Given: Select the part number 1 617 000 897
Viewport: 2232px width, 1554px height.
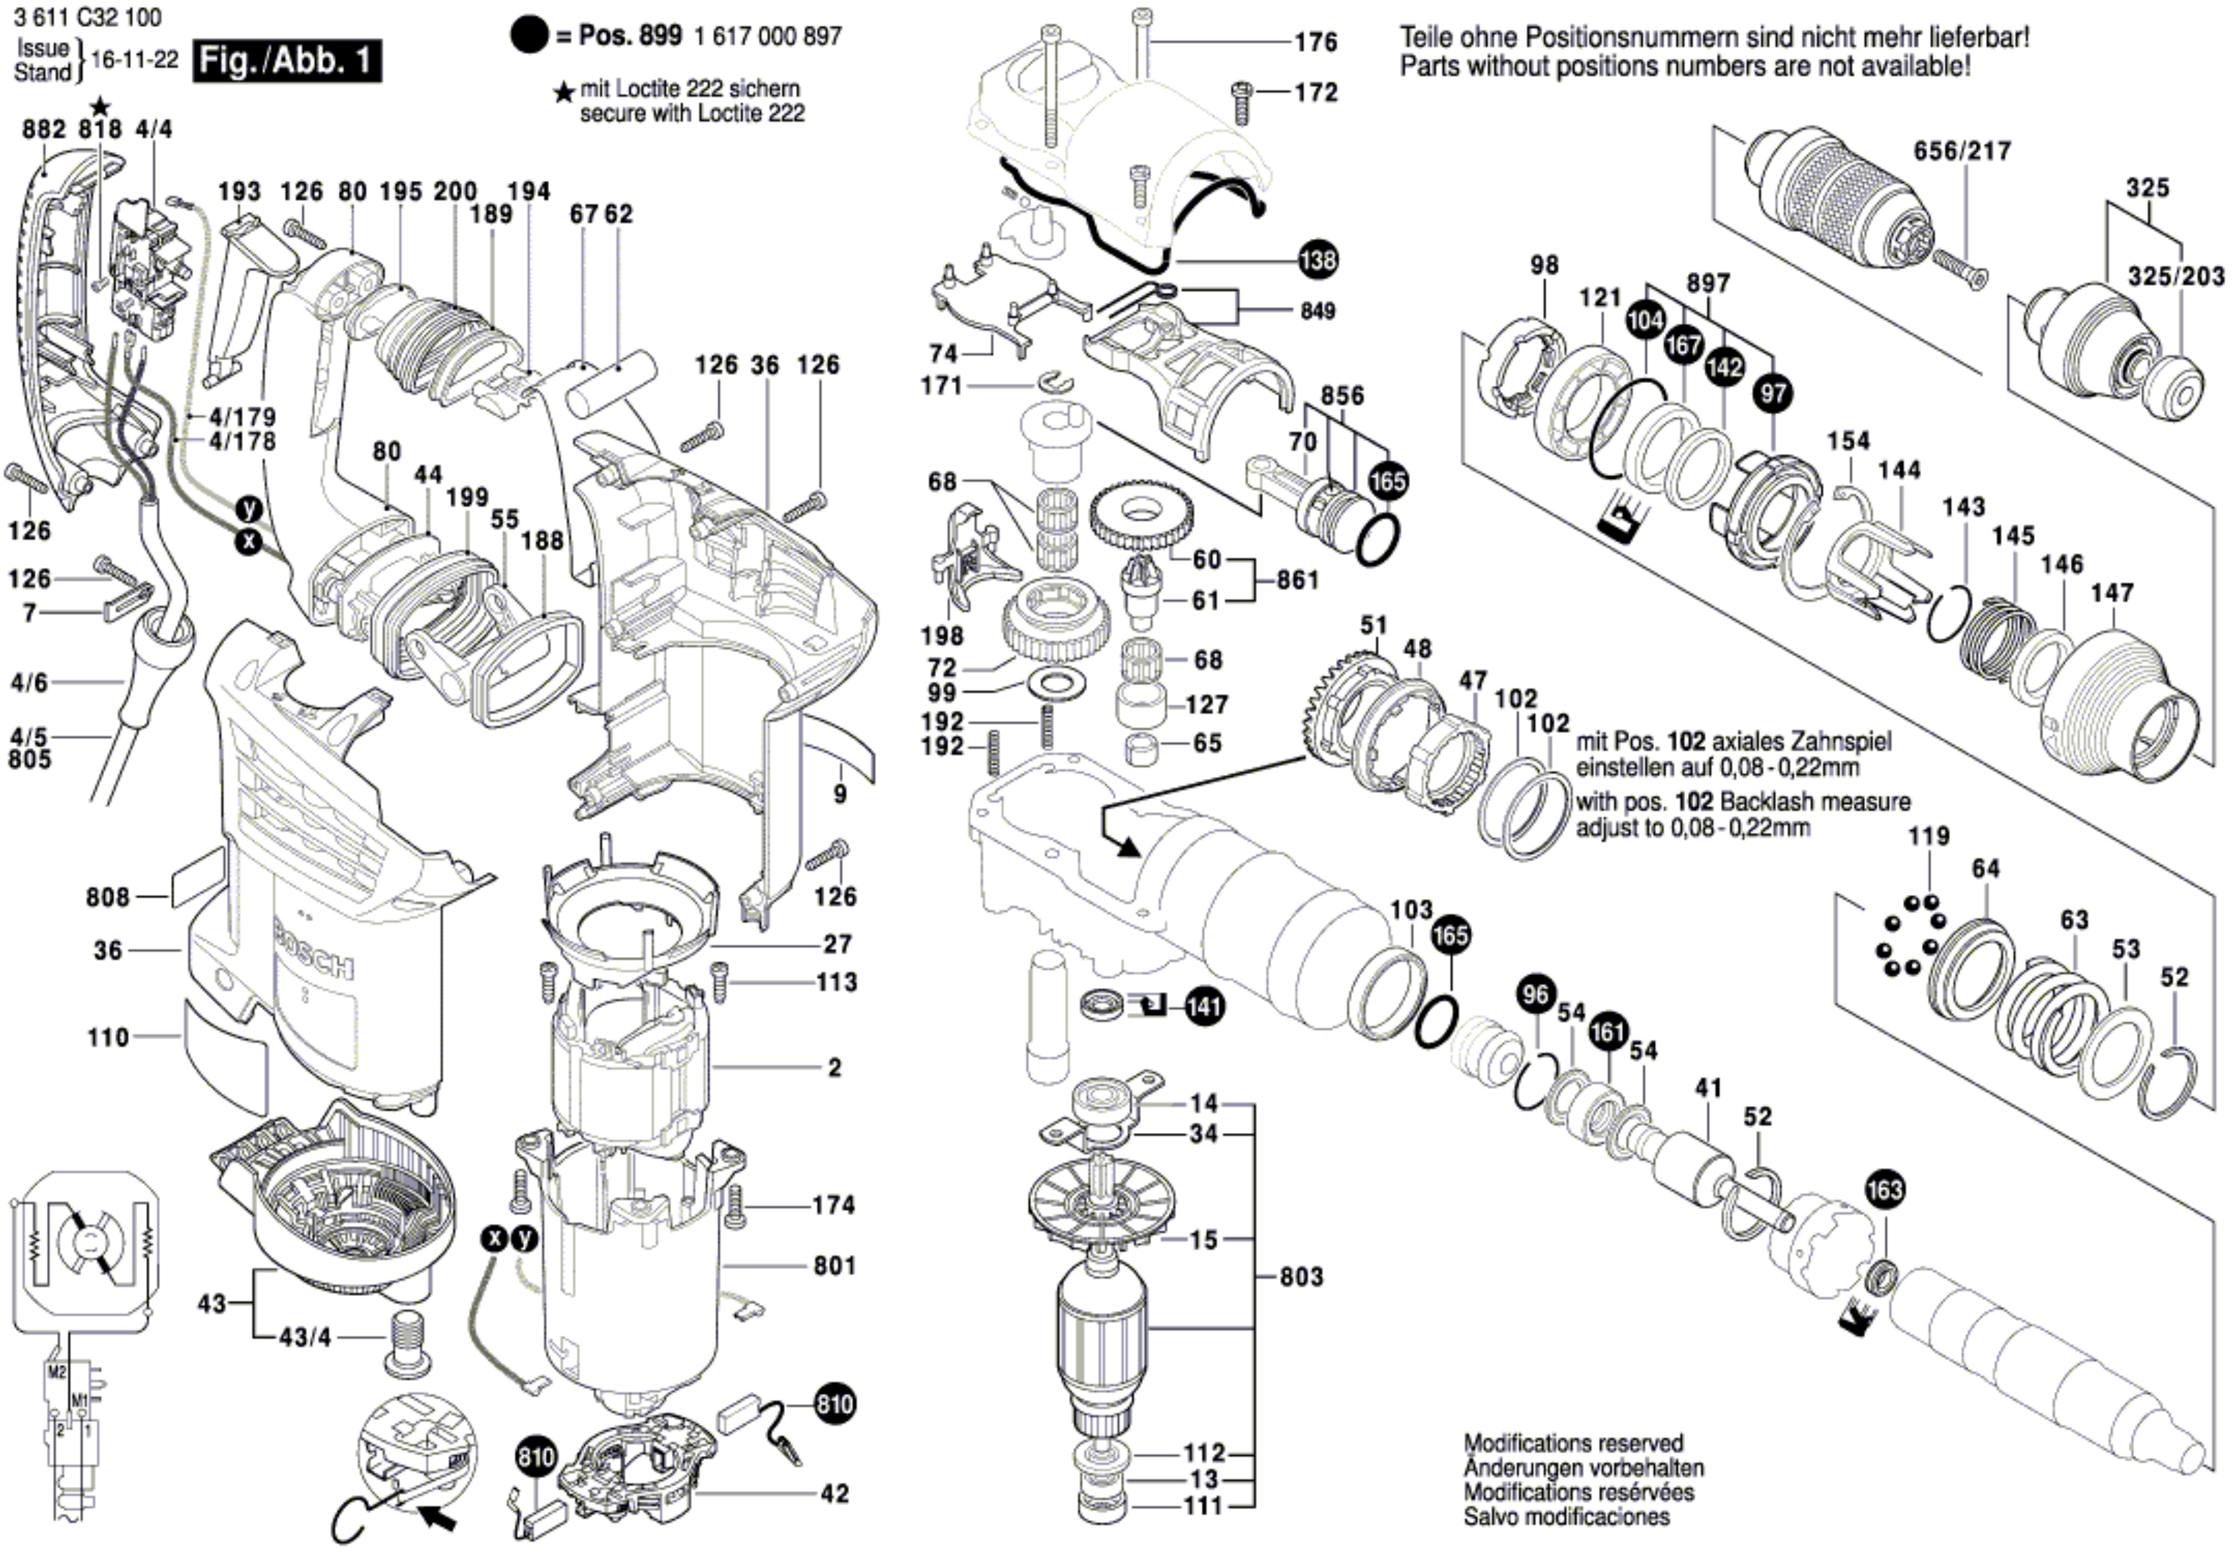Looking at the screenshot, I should pos(768,37).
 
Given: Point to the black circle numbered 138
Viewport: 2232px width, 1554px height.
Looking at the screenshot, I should pos(1317,260).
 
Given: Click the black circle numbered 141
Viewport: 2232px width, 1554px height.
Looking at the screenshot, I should pos(1203,1007).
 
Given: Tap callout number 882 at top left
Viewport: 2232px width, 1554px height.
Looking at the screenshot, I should pos(44,129).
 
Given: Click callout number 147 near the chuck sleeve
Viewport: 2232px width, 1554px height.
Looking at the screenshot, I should pos(2113,592).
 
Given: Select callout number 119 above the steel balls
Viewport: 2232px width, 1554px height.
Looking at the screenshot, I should pos(1928,836).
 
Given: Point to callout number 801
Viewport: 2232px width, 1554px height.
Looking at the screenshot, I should pos(834,1266).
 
